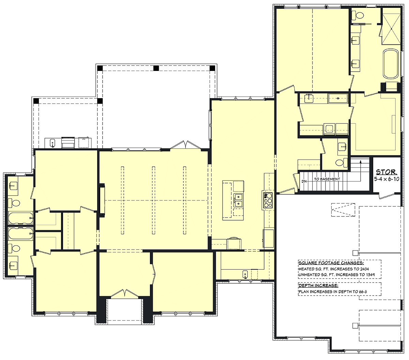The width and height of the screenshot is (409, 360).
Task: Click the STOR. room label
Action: coord(387,172)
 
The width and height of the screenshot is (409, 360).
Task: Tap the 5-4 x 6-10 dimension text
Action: coord(387,179)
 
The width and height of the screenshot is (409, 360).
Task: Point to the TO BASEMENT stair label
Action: coord(327,179)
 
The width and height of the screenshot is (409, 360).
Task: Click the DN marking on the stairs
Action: coord(304,181)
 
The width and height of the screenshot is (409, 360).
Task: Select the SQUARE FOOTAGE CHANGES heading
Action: coord(331,263)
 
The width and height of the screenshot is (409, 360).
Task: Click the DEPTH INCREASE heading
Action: coord(318,285)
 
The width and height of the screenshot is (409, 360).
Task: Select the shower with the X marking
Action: coord(391,29)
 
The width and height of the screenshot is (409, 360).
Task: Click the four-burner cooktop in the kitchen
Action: coord(268,200)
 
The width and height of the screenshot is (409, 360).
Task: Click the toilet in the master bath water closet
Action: coord(358,15)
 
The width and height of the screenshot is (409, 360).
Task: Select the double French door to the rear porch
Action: coord(185,145)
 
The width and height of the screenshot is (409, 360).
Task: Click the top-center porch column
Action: coord(156,68)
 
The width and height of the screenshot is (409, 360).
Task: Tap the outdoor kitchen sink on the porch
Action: coord(52,143)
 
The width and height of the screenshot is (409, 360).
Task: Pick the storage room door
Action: coord(387,196)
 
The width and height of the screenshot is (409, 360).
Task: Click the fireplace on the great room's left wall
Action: coord(102,200)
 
